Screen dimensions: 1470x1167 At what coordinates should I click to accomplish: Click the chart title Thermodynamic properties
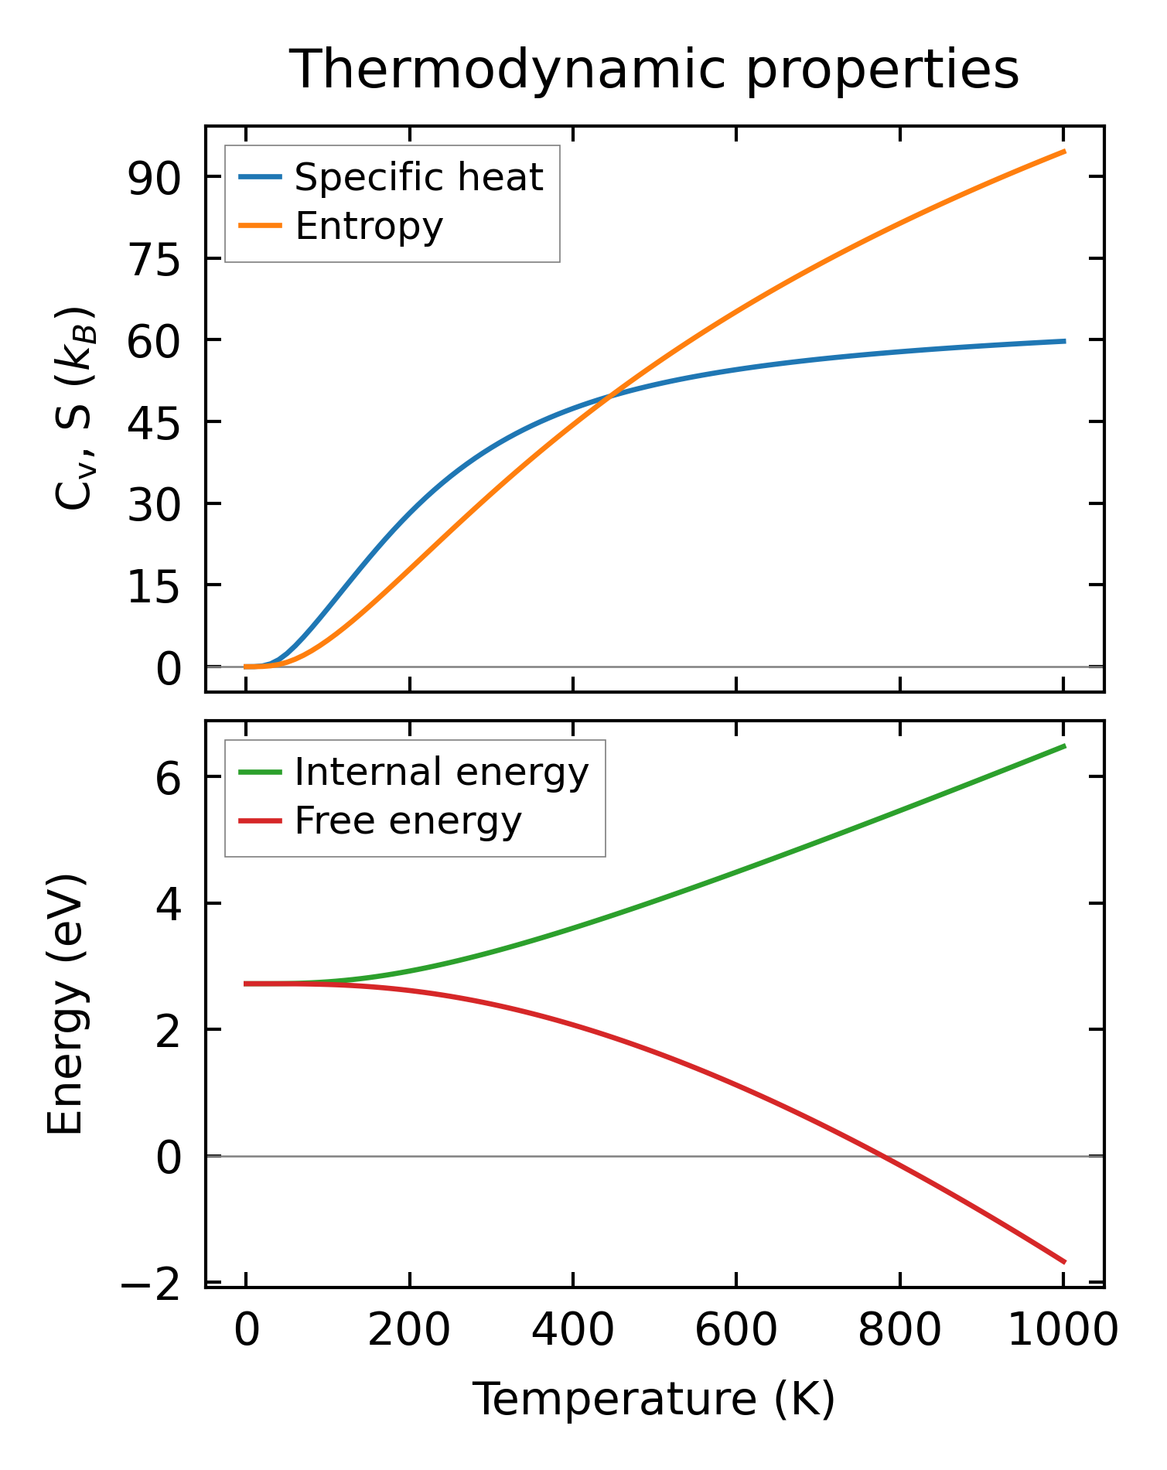[654, 70]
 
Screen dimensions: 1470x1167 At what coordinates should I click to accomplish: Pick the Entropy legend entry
[369, 227]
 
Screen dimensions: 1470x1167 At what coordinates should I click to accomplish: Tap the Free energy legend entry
[408, 821]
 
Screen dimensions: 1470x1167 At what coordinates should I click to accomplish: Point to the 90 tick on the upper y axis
[154, 177]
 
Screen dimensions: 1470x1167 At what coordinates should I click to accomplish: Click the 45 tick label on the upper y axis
[154, 422]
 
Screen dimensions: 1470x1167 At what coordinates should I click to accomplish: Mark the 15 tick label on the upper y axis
[154, 585]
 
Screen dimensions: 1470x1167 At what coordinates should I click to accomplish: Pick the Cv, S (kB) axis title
[75, 408]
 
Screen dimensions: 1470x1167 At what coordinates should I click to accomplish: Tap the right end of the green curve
[1065, 745]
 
